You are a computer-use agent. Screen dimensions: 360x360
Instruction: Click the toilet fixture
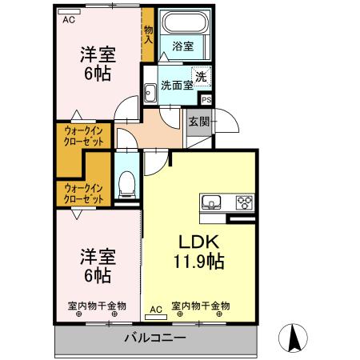tap(126, 183)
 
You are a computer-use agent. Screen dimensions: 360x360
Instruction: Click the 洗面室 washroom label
tap(176, 85)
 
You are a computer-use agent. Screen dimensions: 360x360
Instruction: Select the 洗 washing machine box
tap(202, 77)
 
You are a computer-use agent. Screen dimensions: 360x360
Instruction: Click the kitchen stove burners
tap(243, 202)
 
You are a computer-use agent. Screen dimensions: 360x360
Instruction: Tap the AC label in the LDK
tap(156, 307)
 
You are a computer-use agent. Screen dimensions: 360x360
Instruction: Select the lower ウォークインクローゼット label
tap(84, 193)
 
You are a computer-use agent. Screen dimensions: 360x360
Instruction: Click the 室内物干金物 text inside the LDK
tap(201, 306)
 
